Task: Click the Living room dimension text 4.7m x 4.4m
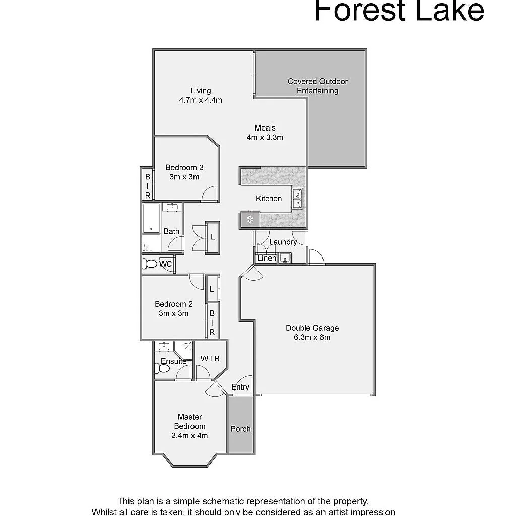tap(200, 100)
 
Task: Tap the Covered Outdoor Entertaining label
tap(317, 86)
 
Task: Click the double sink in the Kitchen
tap(297, 199)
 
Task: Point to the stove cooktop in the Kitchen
tap(250, 219)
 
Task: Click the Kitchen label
tap(269, 199)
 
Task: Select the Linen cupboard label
tap(266, 259)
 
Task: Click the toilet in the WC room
tap(150, 264)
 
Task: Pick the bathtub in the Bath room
tap(151, 218)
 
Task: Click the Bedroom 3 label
tap(184, 168)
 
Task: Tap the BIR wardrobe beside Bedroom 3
tap(148, 185)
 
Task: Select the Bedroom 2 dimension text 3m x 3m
tap(173, 313)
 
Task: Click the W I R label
tap(210, 359)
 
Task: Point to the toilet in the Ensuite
tap(162, 369)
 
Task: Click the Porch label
tap(240, 429)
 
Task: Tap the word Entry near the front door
tap(240, 387)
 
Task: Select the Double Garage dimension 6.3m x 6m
tap(312, 337)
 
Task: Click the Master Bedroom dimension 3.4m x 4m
tap(189, 436)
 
